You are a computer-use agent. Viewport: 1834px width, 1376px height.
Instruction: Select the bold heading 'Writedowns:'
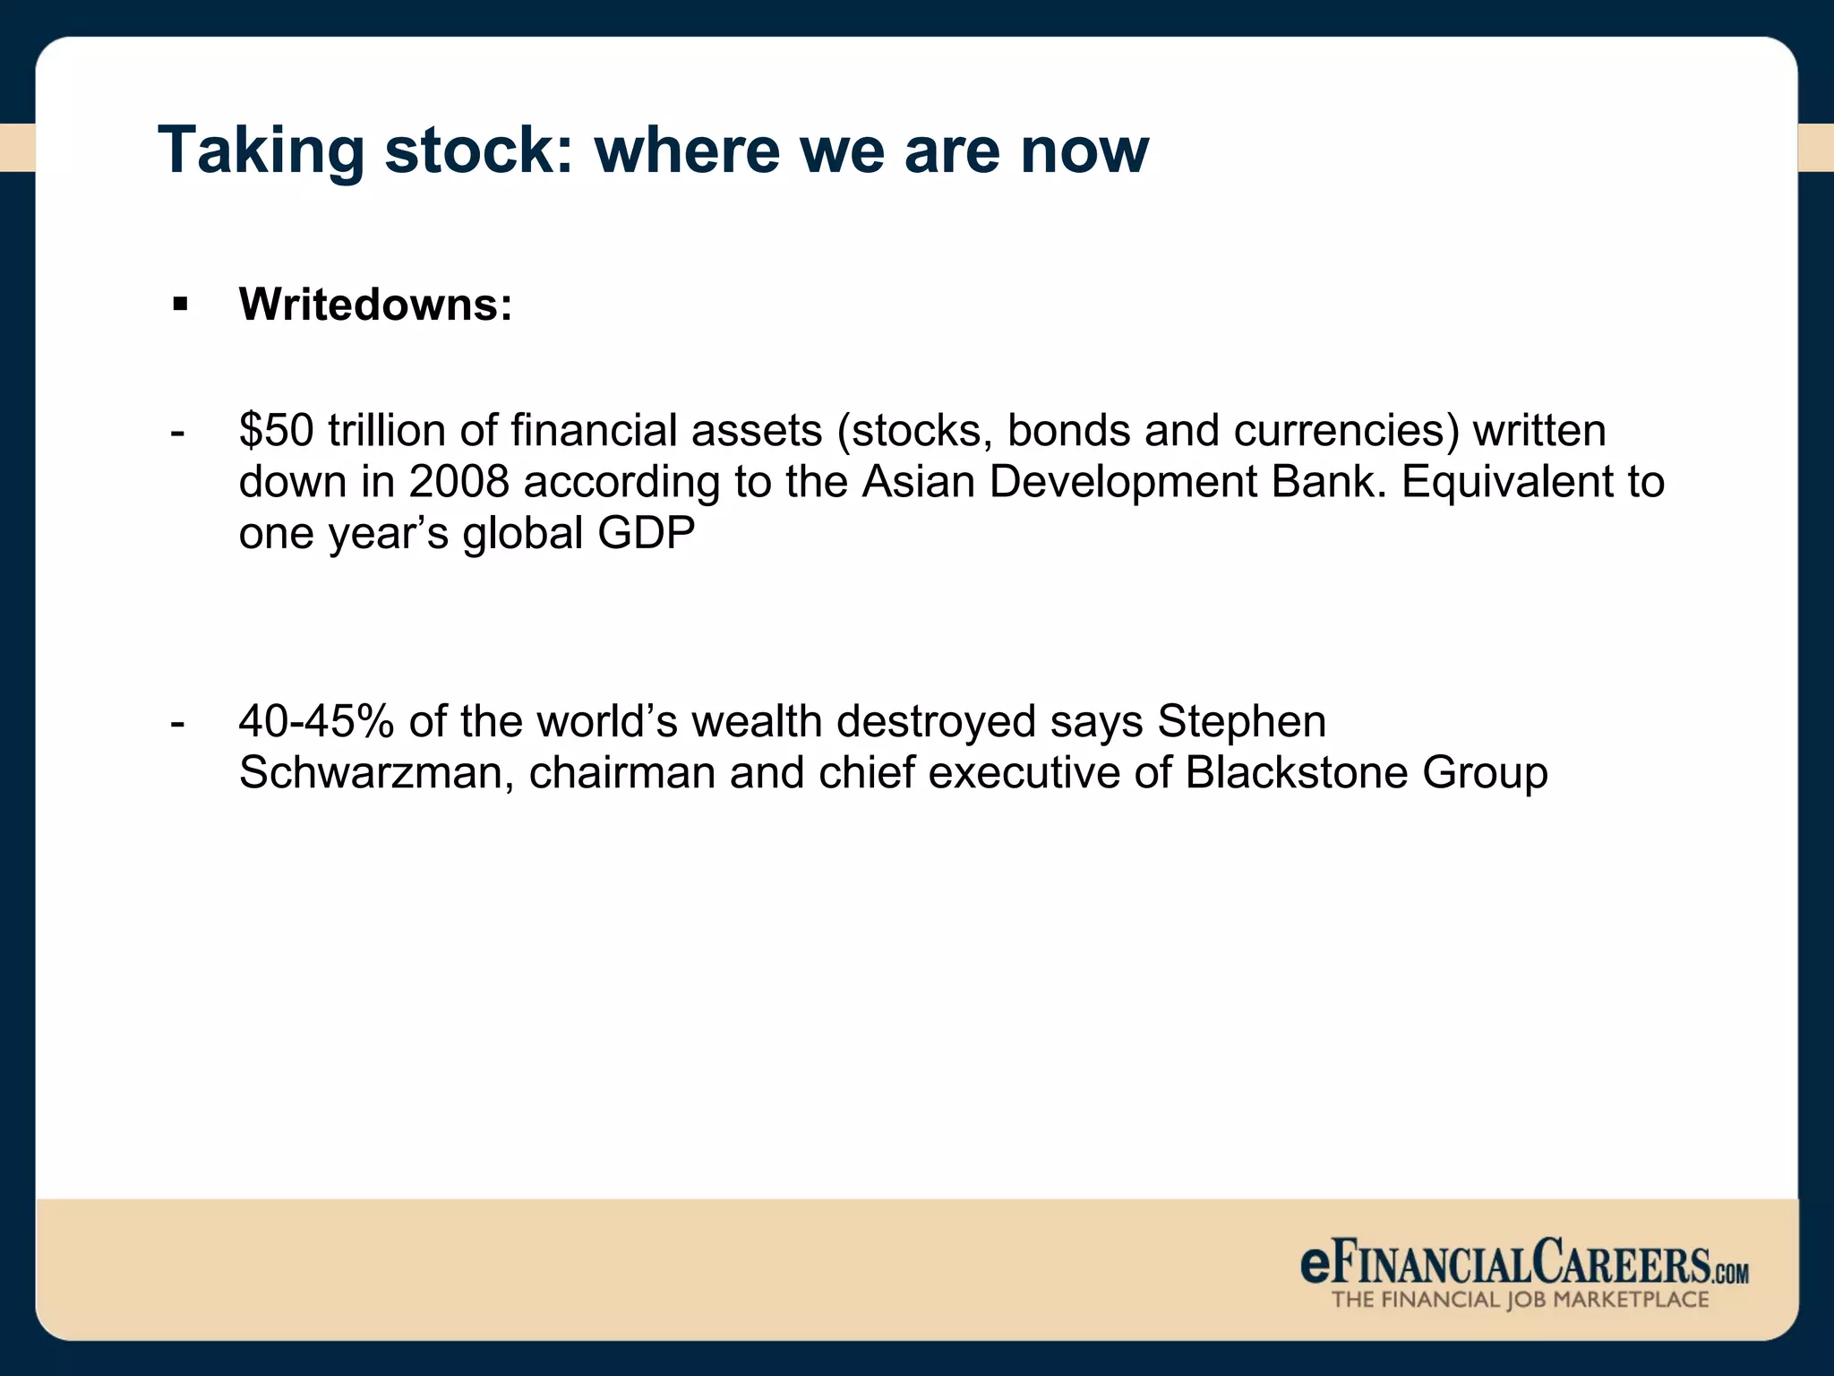[x=375, y=305]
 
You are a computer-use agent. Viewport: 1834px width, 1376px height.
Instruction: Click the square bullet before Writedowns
[x=181, y=305]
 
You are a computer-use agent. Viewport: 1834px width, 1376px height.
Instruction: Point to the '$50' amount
[x=276, y=431]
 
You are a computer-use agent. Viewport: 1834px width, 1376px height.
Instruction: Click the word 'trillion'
[x=387, y=431]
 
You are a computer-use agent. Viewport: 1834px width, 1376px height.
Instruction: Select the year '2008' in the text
[x=458, y=482]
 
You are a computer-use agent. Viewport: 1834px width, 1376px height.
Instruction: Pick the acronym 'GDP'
[x=646, y=533]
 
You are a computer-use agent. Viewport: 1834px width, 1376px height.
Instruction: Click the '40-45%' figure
[x=316, y=722]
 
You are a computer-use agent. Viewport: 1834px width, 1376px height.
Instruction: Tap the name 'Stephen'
[x=1241, y=722]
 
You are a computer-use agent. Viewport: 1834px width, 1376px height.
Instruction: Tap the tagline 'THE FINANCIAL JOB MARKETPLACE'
[x=1520, y=1300]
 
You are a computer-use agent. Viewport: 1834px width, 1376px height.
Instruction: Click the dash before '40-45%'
[x=177, y=722]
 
